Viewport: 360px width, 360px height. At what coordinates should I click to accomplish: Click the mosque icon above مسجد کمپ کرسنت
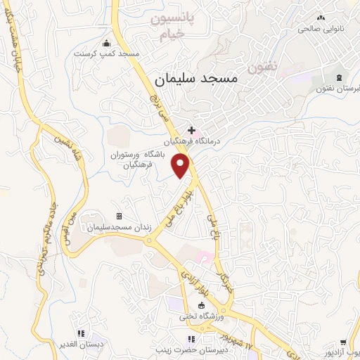[106, 42]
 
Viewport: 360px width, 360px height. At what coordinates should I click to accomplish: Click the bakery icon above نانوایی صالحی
[321, 18]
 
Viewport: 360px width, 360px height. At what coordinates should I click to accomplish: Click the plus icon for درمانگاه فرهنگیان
[191, 129]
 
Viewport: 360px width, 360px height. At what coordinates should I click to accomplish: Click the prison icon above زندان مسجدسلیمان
[119, 216]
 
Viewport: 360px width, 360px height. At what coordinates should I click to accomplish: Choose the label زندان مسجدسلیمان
[117, 228]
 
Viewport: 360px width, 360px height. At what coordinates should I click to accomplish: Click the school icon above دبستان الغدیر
[81, 333]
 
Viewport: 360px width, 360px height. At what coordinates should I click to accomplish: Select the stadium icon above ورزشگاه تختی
[202, 305]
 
